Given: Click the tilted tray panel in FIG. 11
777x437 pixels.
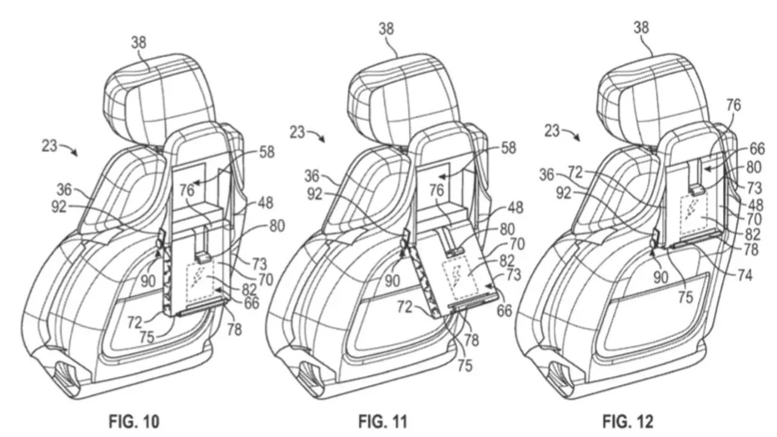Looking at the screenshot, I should coord(464,271).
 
